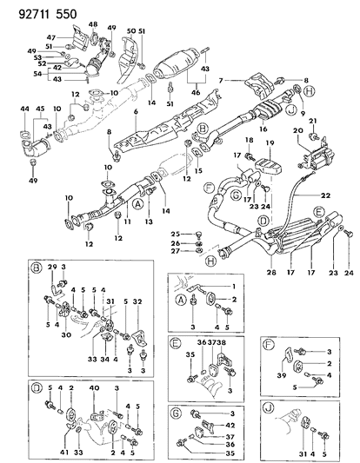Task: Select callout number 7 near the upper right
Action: coord(223,80)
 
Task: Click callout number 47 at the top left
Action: coord(51,38)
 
